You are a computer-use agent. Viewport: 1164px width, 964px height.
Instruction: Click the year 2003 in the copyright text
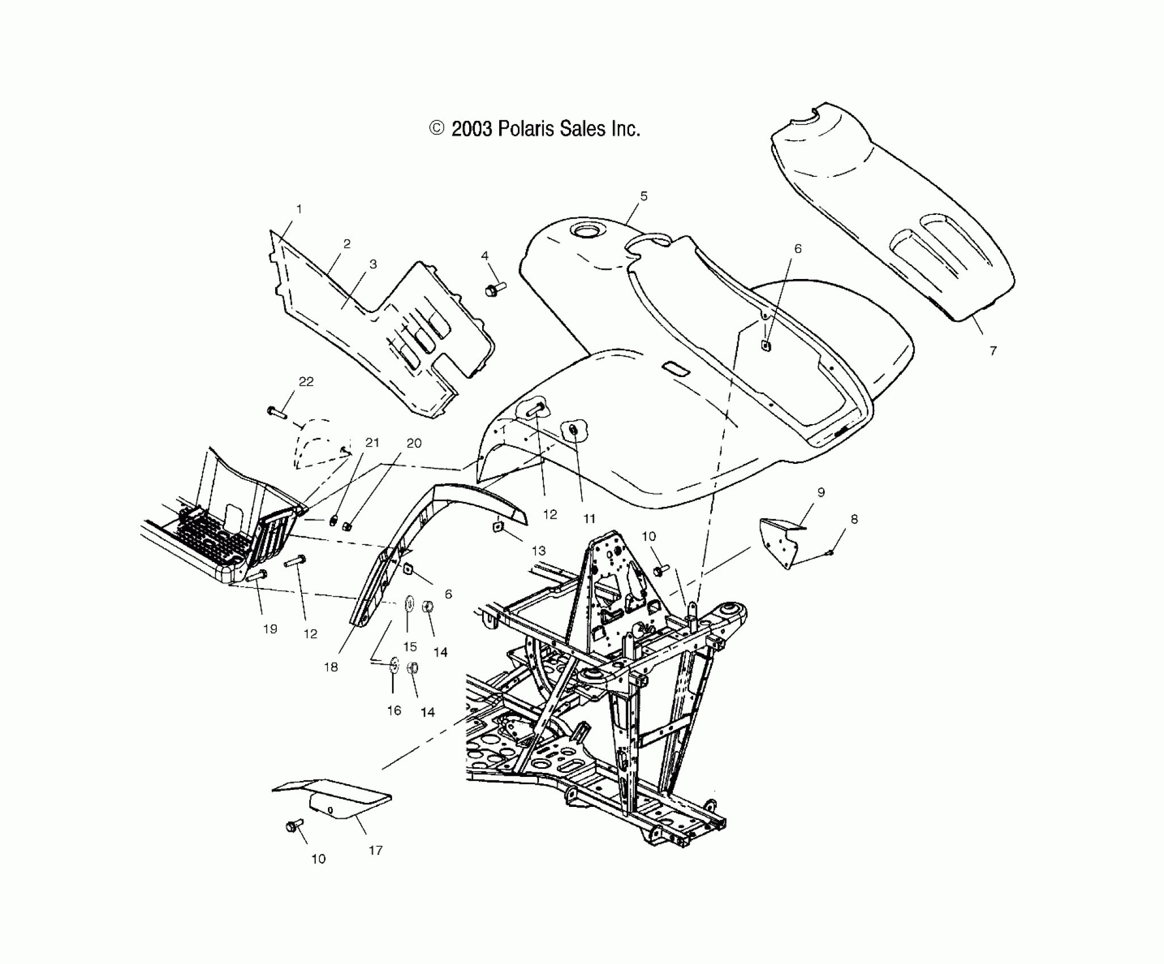click(x=471, y=129)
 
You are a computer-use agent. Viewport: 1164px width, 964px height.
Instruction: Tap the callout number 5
click(x=643, y=196)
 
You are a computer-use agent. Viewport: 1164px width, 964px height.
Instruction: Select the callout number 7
click(x=993, y=351)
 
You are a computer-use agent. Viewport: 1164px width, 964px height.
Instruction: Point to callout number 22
click(x=306, y=382)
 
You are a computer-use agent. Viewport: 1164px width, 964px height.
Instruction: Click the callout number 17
click(x=376, y=850)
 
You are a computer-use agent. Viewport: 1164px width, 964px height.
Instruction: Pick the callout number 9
click(x=821, y=492)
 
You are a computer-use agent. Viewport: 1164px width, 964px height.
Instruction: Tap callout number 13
click(x=538, y=550)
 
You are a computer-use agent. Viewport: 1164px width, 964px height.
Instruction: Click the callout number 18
click(x=331, y=667)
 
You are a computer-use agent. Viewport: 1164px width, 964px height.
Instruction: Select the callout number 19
click(x=270, y=629)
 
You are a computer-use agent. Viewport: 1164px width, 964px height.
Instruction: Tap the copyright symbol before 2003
click(x=436, y=129)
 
